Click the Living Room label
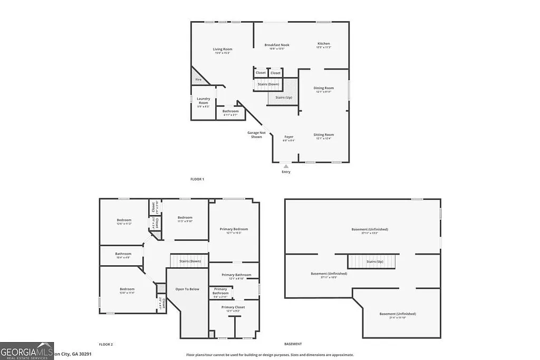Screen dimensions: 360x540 223,50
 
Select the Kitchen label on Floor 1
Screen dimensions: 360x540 324,44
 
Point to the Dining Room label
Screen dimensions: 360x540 324,89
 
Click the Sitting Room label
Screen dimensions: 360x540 324,135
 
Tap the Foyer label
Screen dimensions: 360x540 289,138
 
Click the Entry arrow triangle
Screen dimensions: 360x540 286,166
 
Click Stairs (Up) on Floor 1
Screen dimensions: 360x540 284,98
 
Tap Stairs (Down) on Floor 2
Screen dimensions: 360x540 190,261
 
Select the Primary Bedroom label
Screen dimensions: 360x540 234,230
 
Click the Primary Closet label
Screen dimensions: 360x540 233,307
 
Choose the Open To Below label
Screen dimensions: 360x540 187,289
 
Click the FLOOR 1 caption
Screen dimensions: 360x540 197,179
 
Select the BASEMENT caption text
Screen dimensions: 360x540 293,344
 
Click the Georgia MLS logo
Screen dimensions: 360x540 27,351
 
